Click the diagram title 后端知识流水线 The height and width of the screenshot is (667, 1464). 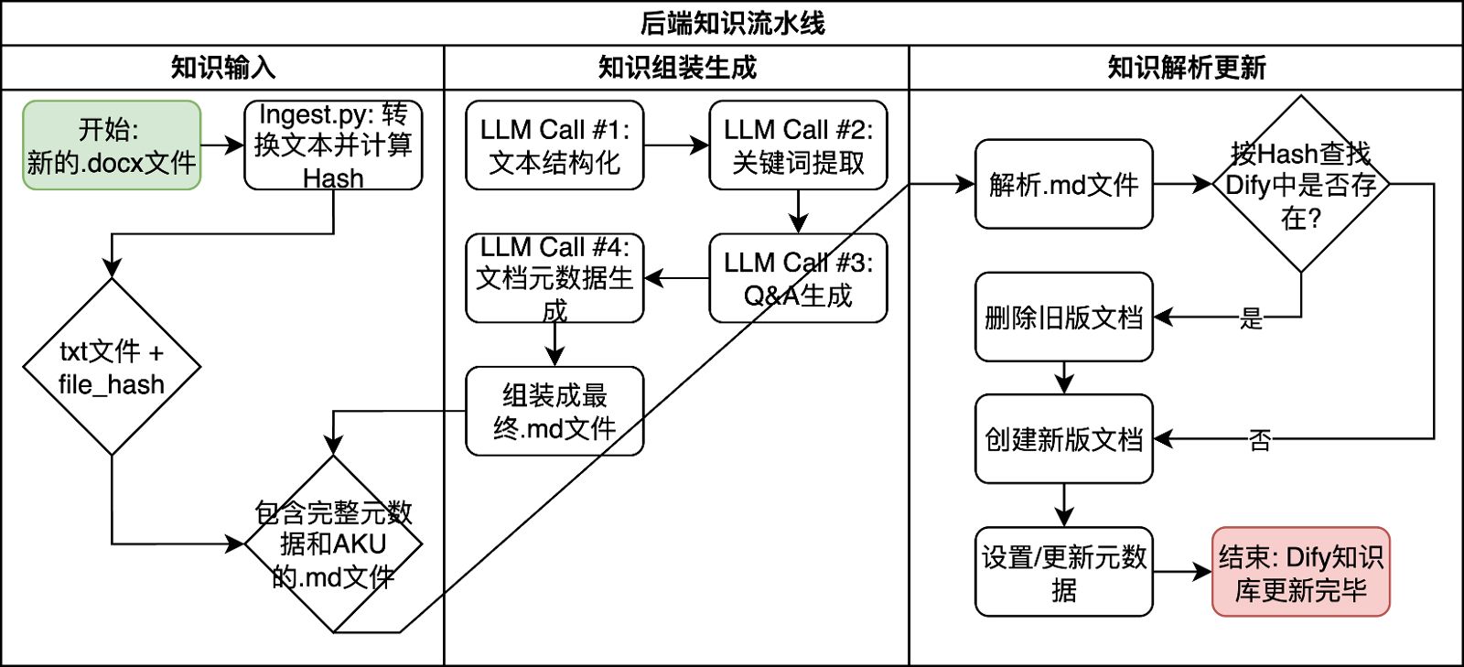point(732,23)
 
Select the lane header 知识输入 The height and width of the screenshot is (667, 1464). point(222,68)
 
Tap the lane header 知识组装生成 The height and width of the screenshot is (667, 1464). point(677,68)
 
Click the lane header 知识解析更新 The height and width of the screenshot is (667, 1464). point(1186,68)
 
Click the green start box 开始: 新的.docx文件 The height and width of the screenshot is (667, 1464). point(112,145)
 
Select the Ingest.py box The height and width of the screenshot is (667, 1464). point(333,145)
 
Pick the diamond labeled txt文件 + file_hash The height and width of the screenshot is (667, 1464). point(112,366)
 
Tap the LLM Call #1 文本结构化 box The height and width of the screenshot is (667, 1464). point(554,145)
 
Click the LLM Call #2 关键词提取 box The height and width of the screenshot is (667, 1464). point(798,145)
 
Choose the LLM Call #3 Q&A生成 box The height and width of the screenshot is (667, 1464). point(798,278)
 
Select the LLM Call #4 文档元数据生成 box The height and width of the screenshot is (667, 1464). point(554,278)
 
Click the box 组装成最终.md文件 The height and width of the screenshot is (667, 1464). point(554,411)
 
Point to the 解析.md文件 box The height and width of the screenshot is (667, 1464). point(1063,184)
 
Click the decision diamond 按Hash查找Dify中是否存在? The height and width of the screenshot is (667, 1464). point(1300,184)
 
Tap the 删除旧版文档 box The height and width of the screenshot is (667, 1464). point(1063,317)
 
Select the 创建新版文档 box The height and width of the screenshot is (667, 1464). point(1063,439)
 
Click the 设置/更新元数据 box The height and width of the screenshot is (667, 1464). point(1063,572)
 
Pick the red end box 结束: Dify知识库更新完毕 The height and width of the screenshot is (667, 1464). point(1300,572)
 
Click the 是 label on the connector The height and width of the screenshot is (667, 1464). point(1251,318)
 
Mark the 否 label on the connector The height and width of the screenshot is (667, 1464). point(1260,440)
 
